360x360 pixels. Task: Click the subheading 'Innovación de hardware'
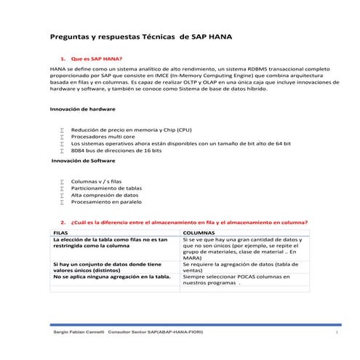tap(82, 108)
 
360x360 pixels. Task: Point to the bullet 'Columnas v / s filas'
tap(97, 180)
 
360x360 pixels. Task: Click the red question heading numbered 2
tap(188, 222)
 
